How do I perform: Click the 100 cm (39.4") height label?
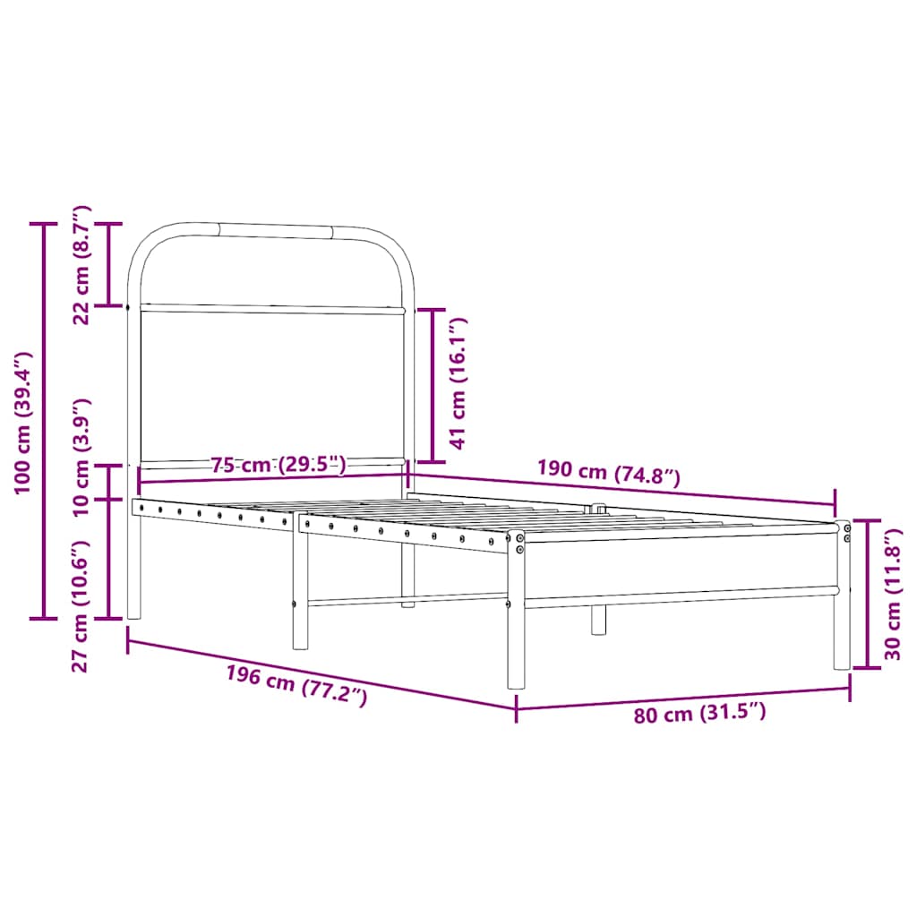pos(22,421)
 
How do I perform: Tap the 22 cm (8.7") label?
pos(81,264)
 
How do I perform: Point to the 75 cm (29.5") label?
pos(279,464)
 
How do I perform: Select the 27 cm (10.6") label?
pos(81,604)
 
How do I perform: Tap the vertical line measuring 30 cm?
pos(867,593)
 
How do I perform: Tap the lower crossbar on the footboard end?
pos(681,596)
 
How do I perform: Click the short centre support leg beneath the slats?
pos(598,618)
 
